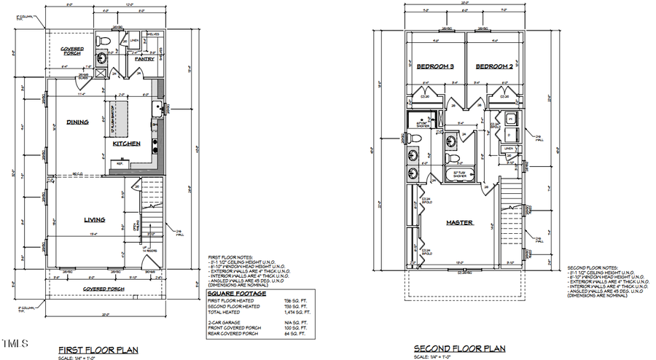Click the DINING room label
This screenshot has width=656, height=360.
coord(77,122)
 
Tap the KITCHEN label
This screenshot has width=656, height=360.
coord(126,144)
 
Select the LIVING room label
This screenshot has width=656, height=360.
coord(94,219)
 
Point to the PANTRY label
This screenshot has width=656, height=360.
coord(144,59)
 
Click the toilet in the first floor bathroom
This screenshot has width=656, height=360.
coord(103,40)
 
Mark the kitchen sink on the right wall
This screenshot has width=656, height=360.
coord(156,110)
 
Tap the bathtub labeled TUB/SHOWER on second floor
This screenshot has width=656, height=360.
coord(460,175)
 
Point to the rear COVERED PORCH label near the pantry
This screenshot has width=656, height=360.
coord(71,51)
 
